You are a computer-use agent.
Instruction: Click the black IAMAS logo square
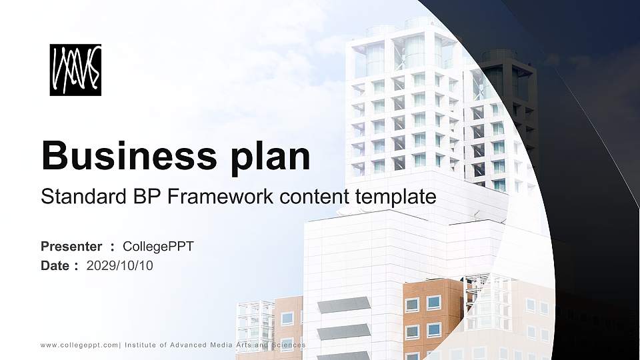coord(75,70)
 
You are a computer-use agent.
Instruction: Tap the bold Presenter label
coord(71,247)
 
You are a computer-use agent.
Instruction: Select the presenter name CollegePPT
coord(163,247)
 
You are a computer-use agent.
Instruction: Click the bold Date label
coord(55,266)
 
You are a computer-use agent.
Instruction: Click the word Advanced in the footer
coord(191,345)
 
